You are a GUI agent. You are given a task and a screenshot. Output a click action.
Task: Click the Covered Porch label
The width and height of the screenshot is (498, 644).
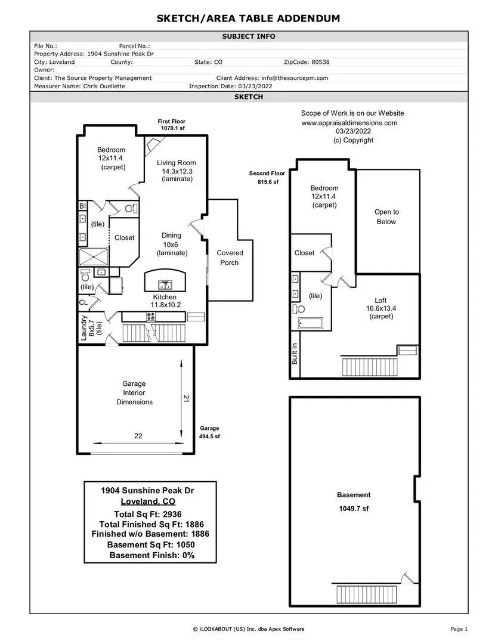(x=230, y=258)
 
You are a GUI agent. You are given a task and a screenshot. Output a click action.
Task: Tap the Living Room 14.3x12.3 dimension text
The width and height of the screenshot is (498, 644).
(x=177, y=171)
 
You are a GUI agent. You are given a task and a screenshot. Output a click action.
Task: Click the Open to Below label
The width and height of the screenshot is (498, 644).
(x=386, y=217)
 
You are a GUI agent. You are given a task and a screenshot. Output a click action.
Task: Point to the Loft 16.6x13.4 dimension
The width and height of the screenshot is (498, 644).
(x=381, y=308)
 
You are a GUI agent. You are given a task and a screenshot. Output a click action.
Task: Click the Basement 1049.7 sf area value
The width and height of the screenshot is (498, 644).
(x=354, y=509)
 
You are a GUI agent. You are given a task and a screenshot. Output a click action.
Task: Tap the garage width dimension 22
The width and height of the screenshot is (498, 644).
(x=138, y=436)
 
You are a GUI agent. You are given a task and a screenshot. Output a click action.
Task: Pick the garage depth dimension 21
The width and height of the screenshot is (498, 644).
(x=186, y=398)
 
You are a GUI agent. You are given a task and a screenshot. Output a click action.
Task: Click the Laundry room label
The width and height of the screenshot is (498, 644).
(x=84, y=328)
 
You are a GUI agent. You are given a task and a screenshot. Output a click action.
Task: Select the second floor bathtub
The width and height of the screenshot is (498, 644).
(x=310, y=324)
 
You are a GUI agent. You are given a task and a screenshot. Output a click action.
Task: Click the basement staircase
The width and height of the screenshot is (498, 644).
(x=367, y=595)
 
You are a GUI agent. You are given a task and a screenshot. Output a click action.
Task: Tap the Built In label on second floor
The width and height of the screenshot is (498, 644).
(x=294, y=354)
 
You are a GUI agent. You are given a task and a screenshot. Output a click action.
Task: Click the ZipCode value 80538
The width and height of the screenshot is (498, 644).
(x=320, y=62)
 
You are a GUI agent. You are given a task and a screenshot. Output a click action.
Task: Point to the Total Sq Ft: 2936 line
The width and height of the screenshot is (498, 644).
(x=148, y=514)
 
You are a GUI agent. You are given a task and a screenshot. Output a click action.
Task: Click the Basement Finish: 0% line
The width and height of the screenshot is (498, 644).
(x=152, y=555)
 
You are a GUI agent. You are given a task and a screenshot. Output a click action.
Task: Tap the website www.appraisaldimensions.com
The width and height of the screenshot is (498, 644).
(x=349, y=123)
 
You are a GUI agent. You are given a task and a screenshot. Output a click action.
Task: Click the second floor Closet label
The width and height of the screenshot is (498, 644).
(x=305, y=253)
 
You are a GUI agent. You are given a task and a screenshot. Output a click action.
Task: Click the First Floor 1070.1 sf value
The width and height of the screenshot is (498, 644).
(x=173, y=128)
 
